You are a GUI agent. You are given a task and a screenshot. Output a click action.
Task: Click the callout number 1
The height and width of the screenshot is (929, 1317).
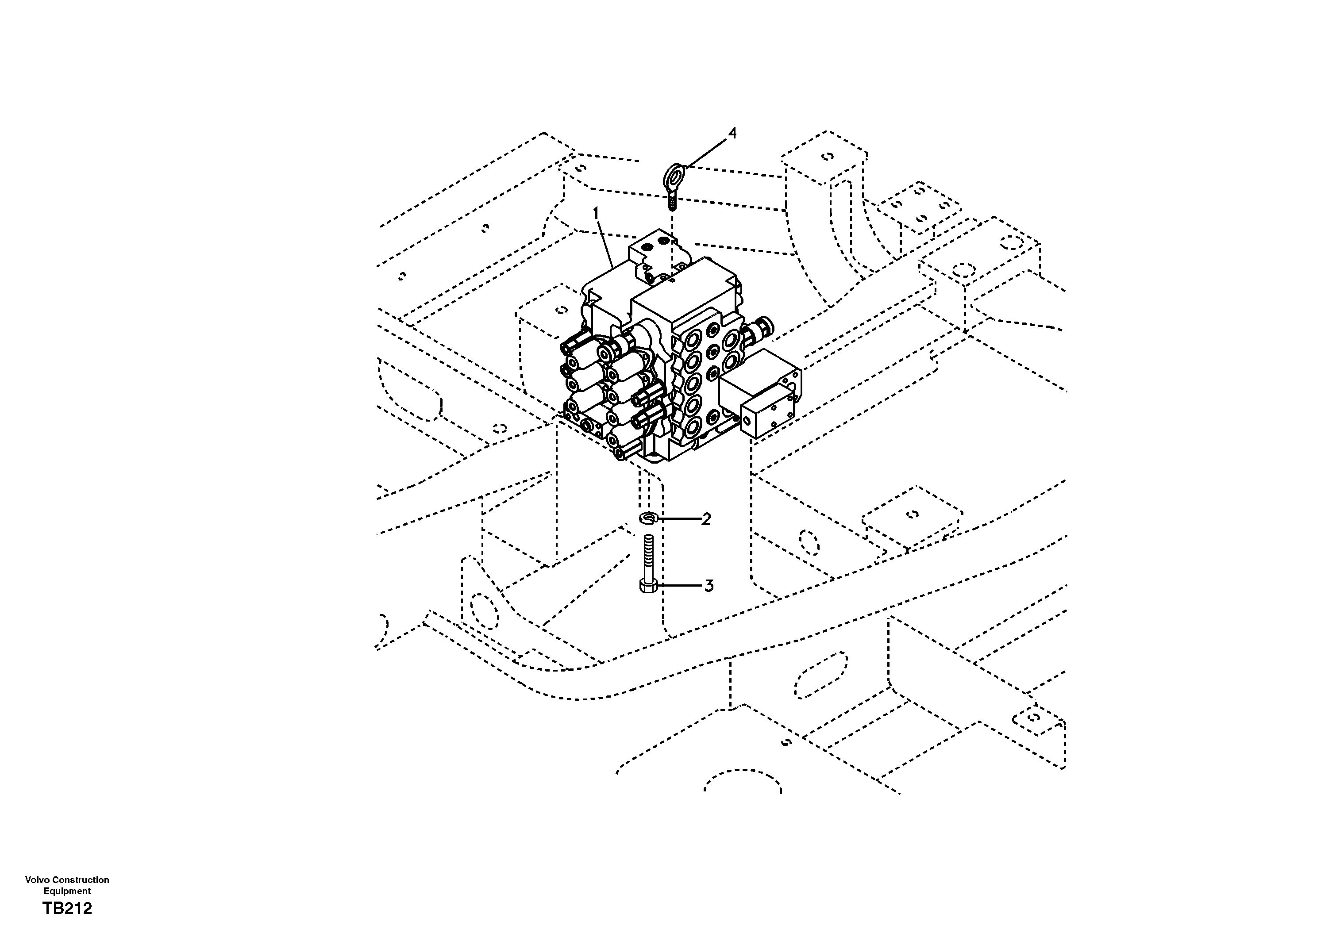(596, 214)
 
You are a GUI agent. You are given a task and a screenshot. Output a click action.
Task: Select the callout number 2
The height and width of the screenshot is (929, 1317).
(706, 519)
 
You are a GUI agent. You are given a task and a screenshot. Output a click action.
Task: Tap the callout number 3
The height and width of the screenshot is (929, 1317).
(709, 586)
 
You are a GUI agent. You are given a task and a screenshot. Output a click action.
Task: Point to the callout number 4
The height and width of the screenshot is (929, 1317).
(732, 133)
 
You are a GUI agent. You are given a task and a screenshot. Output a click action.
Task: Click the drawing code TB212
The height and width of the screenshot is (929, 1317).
(67, 908)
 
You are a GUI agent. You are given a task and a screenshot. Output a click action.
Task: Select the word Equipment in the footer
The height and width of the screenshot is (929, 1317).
(67, 891)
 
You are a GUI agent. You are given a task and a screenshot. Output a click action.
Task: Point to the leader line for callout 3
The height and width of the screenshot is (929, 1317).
(680, 586)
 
